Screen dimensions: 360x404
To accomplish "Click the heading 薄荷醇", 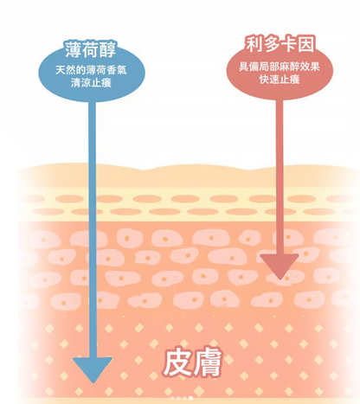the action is pyautogui.click(x=90, y=49).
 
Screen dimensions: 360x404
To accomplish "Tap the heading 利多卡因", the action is pyautogui.click(x=280, y=44).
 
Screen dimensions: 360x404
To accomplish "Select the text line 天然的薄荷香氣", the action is pyautogui.click(x=91, y=70).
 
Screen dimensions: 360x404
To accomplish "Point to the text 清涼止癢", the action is pyautogui.click(x=91, y=83).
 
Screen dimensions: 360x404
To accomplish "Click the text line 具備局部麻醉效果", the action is pyautogui.click(x=280, y=67).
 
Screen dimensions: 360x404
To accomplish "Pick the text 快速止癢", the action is pyautogui.click(x=280, y=80).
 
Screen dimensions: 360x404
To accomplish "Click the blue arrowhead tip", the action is pyautogui.click(x=93, y=383).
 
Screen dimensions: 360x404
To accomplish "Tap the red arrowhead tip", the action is pyautogui.click(x=280, y=279).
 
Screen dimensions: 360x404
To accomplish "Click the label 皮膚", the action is pyautogui.click(x=193, y=362).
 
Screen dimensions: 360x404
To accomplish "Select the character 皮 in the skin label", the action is pyautogui.click(x=177, y=362).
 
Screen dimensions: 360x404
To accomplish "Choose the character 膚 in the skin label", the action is pyautogui.click(x=209, y=362).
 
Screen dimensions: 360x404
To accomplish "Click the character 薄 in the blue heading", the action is pyautogui.click(x=73, y=49).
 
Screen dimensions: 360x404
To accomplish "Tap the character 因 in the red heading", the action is pyautogui.click(x=305, y=45).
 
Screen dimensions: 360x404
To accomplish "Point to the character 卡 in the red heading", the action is pyautogui.click(x=288, y=45).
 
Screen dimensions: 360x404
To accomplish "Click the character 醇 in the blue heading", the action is pyautogui.click(x=108, y=49).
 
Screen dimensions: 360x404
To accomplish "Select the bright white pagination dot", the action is pyautogui.click(x=190, y=398).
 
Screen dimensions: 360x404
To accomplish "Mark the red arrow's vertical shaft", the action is pyautogui.click(x=280, y=176).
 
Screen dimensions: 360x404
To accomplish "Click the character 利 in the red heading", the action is pyautogui.click(x=254, y=44).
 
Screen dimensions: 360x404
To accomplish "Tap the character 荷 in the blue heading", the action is pyautogui.click(x=91, y=49).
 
